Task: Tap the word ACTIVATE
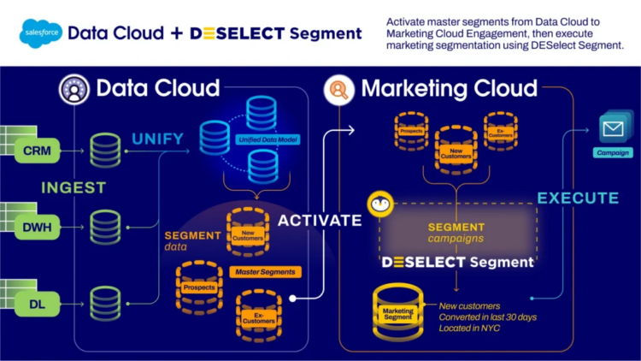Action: point(320,220)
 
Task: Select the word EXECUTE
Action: point(577,198)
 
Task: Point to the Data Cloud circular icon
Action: point(74,88)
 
